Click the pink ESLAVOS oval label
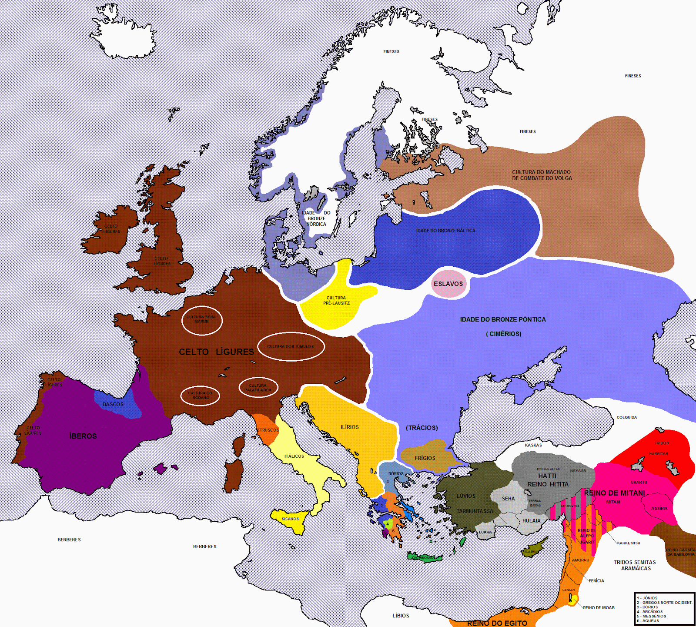pyautogui.click(x=448, y=284)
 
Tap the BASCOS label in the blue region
pyautogui.click(x=113, y=404)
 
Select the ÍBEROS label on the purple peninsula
pyautogui.click(x=83, y=436)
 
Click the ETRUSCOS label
pyautogui.click(x=268, y=430)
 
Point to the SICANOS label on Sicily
pyautogui.click(x=290, y=519)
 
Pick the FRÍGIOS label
pyautogui.click(x=425, y=458)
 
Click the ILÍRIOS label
pyautogui.click(x=350, y=427)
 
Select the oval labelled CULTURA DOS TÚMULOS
pyautogui.click(x=291, y=346)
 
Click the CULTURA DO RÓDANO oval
pyautogui.click(x=200, y=395)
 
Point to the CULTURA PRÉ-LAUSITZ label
pyautogui.click(x=336, y=301)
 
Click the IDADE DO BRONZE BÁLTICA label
pyautogui.click(x=445, y=231)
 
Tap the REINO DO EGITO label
pyautogui.click(x=497, y=623)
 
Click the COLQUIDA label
pyautogui.click(x=626, y=417)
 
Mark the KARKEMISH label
pyautogui.click(x=629, y=543)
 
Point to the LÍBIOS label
pyautogui.click(x=401, y=616)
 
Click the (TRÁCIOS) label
pyautogui.click(x=422, y=428)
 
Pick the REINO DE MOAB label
pyautogui.click(x=599, y=608)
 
